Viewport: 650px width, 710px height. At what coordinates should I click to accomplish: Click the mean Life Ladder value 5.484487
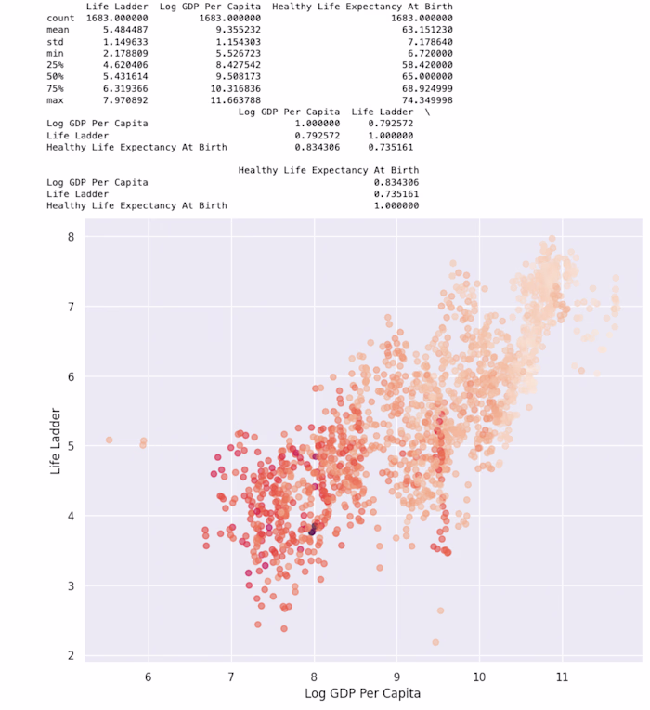pos(118,29)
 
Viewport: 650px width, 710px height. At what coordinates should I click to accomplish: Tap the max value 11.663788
pos(229,99)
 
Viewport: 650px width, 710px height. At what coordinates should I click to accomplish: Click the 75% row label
pos(56,87)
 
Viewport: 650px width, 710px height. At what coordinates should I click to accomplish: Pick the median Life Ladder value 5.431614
pos(118,76)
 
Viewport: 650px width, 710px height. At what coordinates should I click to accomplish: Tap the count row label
pos(60,18)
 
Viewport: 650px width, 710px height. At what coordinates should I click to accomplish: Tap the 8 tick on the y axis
pos(70,237)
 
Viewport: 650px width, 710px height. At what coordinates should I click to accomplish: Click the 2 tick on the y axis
pos(70,656)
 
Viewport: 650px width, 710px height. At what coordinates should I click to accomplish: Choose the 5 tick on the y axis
pos(70,446)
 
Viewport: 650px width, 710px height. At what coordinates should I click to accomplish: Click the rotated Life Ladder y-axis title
pos(56,445)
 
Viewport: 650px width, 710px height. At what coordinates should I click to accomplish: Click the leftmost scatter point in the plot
pos(109,440)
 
